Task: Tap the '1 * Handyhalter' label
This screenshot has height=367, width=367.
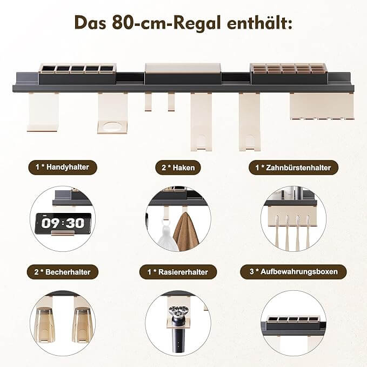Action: tap(63, 167)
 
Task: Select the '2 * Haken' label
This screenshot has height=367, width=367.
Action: tap(178, 168)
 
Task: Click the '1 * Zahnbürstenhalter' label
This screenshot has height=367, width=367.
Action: tap(293, 168)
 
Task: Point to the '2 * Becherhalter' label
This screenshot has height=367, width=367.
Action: tap(63, 272)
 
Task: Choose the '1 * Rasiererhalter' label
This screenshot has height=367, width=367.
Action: tap(178, 272)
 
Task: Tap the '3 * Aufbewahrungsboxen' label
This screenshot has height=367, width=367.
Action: tap(293, 271)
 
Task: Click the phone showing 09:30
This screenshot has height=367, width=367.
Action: tap(63, 224)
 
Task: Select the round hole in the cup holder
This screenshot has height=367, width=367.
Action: tap(112, 126)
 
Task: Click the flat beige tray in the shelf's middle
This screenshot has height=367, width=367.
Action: tap(183, 68)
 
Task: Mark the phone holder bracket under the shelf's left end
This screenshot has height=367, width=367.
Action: tap(43, 112)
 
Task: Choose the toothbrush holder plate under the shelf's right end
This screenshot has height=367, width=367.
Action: tap(322, 106)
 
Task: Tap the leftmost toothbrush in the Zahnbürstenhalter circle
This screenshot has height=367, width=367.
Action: tap(277, 231)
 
